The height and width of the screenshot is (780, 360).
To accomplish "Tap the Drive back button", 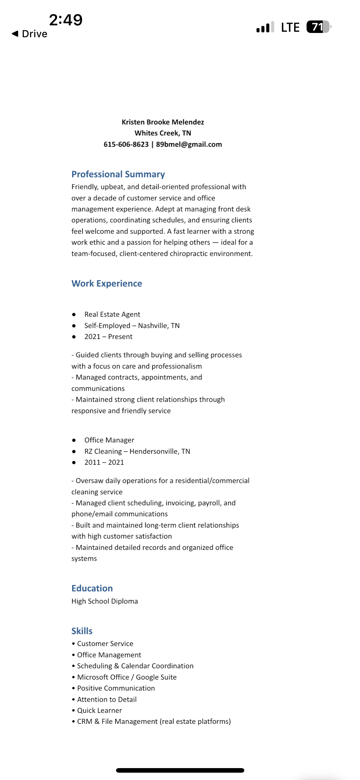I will [x=30, y=34].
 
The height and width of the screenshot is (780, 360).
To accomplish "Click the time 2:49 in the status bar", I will [x=66, y=20].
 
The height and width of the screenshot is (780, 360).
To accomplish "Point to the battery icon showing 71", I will [x=318, y=27].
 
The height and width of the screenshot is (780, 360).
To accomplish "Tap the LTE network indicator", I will [x=290, y=27].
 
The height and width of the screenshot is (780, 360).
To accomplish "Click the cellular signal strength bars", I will [x=265, y=27].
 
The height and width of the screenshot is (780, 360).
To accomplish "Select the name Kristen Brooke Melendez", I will [x=163, y=122].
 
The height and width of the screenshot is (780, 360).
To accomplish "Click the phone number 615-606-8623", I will [x=126, y=144].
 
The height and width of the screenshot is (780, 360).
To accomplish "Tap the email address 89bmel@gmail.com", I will [x=189, y=144].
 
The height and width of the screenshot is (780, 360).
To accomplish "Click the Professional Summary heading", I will [x=118, y=174].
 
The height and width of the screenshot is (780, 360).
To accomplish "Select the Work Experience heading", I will [x=107, y=283].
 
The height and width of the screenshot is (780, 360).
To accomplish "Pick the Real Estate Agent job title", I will [x=112, y=314].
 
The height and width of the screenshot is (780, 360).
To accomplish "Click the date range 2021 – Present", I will [x=108, y=337].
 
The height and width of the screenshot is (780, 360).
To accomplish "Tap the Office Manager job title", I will [x=109, y=440].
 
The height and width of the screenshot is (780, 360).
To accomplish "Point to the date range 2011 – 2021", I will [x=104, y=462].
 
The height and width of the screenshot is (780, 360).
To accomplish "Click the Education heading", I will [x=92, y=588].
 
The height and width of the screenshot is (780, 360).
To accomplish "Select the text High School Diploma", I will [x=105, y=601].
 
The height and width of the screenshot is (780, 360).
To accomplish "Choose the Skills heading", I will [x=82, y=631].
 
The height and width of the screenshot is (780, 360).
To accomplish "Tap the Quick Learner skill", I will [x=100, y=710].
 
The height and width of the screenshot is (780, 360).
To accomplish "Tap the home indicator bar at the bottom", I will [x=180, y=770].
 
